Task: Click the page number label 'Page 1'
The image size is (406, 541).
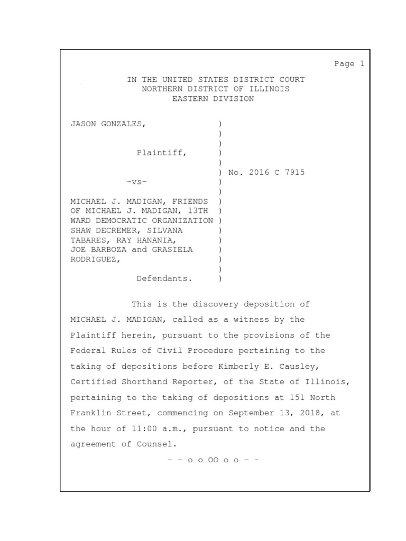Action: tap(349, 64)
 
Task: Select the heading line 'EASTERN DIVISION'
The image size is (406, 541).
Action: tap(213, 99)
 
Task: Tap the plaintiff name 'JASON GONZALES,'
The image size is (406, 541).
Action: tap(108, 124)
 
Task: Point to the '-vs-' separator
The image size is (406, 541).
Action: tap(136, 182)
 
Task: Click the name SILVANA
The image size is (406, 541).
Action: tap(177, 230)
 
